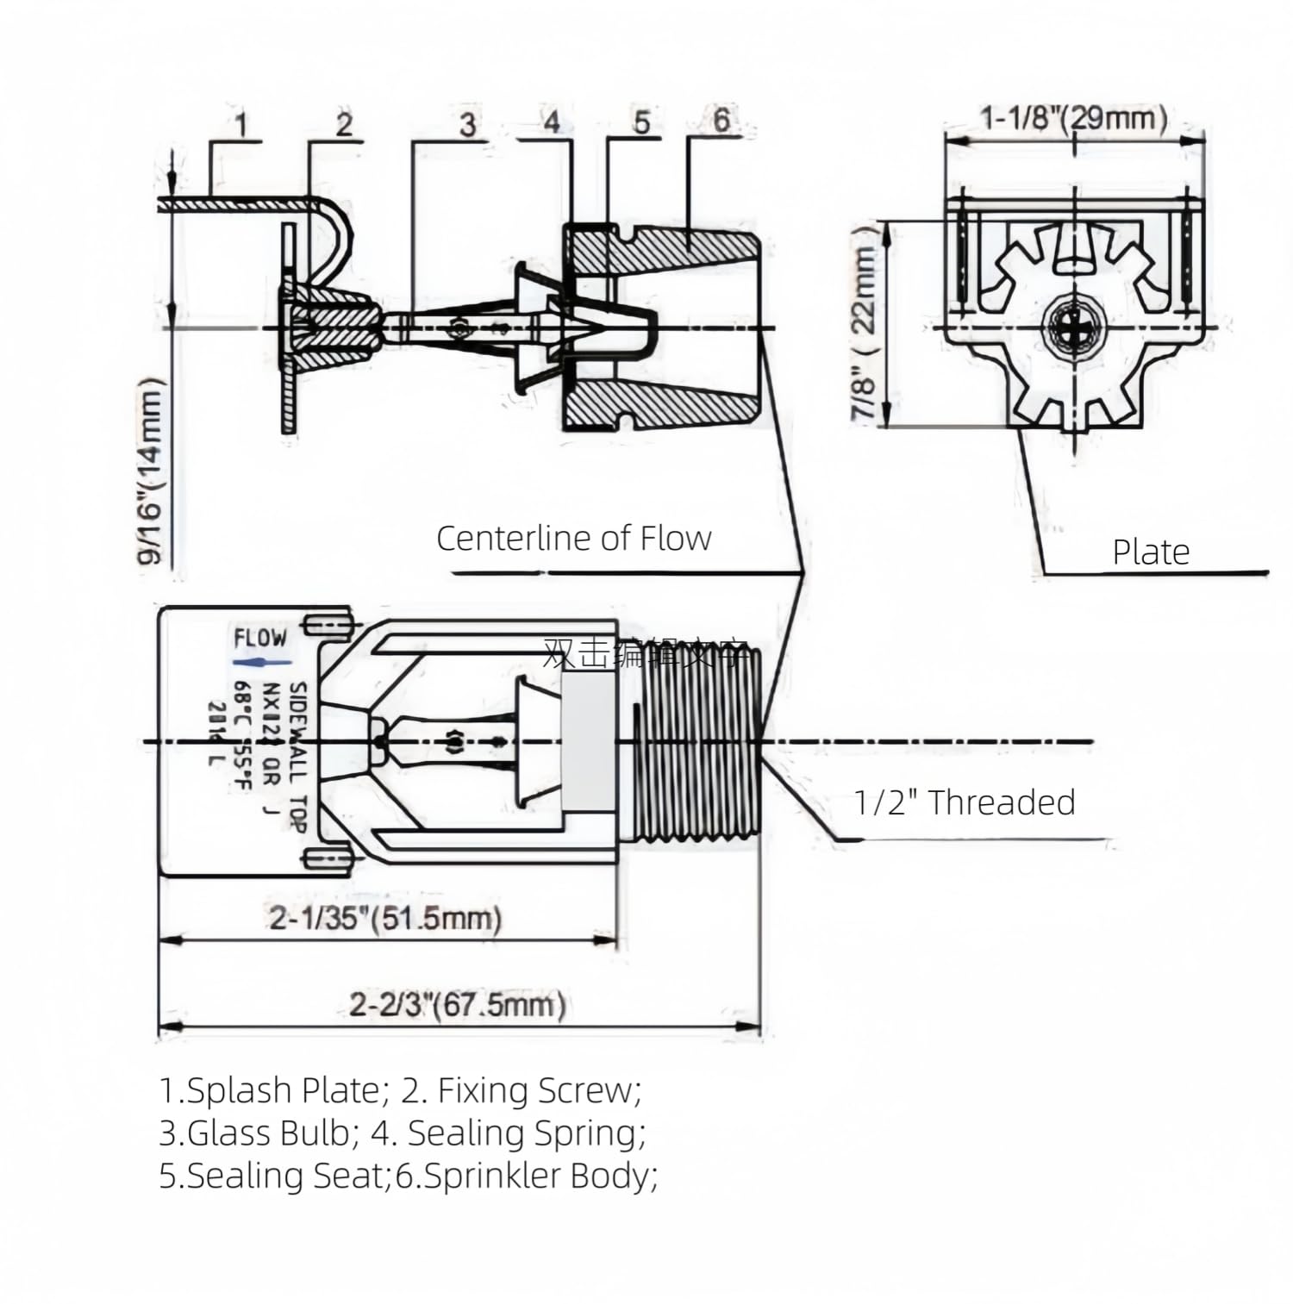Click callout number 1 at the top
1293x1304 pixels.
pos(242,125)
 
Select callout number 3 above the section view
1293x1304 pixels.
pos(467,124)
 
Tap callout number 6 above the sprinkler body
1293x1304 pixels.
pos(721,120)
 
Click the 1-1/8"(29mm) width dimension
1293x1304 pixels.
pos(1073,117)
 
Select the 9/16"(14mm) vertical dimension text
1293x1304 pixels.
pos(151,471)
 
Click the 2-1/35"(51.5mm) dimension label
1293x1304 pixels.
pos(385,918)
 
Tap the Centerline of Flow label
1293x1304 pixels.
pos(573,539)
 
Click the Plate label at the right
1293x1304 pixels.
pos(1151,552)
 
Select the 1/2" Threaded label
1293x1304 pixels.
pos(964,802)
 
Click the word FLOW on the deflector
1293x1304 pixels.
pos(260,639)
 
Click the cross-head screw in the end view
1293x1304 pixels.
pos(1073,328)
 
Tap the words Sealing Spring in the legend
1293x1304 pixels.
pos(525,1132)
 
